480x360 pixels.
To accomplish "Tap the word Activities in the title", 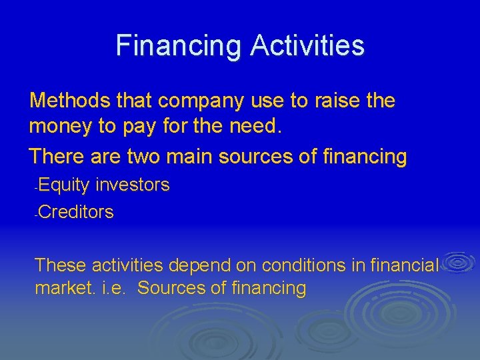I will click(x=307, y=46).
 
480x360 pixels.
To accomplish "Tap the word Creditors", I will click(x=76, y=213).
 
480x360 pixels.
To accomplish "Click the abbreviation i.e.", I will click(x=113, y=289).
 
